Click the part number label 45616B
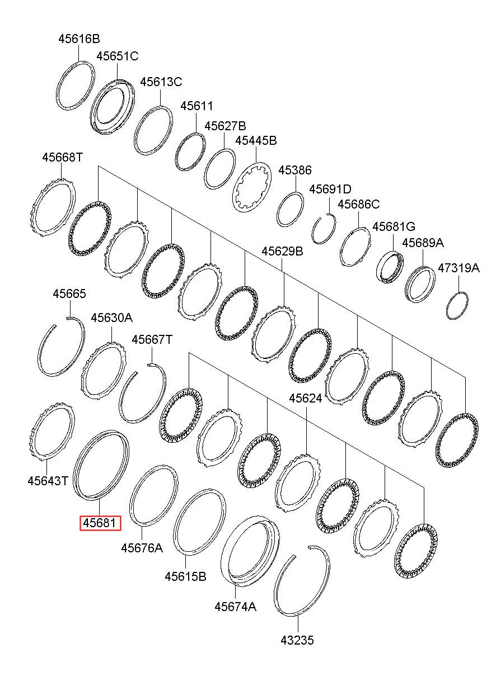(x=79, y=39)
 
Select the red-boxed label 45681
(x=100, y=523)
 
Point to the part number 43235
(x=297, y=640)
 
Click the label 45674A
(x=235, y=607)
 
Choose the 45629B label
(x=283, y=252)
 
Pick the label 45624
(x=306, y=398)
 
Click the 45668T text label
(x=62, y=158)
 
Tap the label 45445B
(x=256, y=140)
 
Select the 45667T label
(x=152, y=339)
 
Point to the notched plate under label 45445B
(x=252, y=187)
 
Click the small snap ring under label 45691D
(x=324, y=229)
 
